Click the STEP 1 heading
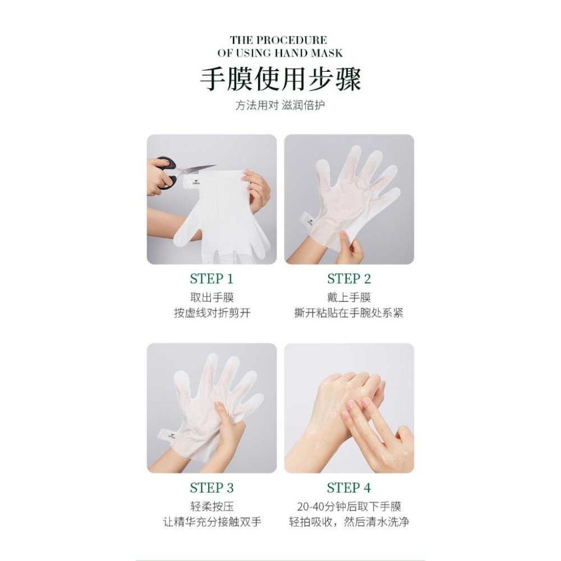click(211, 278)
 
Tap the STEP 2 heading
click(349, 278)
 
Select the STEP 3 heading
click(211, 488)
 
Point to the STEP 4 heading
click(349, 488)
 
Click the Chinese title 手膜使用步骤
click(280, 79)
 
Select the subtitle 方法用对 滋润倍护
click(280, 105)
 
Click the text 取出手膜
click(212, 297)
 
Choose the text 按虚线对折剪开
click(212, 313)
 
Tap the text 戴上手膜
click(349, 297)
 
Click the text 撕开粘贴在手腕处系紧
click(349, 313)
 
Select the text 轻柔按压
click(212, 506)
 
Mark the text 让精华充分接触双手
click(212, 522)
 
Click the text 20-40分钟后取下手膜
click(349, 506)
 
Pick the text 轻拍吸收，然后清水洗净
click(349, 522)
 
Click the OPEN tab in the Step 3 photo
click(168, 435)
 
